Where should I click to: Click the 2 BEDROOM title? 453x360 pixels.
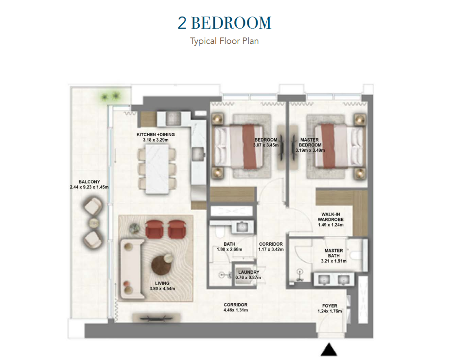[225, 22]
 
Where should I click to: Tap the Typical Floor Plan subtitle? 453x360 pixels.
[224, 41]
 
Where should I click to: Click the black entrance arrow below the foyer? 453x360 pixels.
[329, 349]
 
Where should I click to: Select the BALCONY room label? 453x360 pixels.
[89, 182]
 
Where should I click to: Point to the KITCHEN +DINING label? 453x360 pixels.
[156, 134]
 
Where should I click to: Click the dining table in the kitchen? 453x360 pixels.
[157, 169]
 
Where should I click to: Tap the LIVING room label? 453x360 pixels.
[162, 283]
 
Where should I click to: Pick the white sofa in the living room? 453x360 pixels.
[130, 269]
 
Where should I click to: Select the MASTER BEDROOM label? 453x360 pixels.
[310, 142]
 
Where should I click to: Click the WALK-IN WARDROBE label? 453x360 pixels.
[331, 217]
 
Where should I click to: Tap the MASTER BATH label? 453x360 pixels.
[334, 253]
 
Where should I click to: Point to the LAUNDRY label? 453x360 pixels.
[249, 272]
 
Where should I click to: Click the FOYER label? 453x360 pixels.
[330, 306]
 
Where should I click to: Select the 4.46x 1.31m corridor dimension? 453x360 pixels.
[235, 310]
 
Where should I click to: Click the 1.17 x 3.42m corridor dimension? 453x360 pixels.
[271, 249]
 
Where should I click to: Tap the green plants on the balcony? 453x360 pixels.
[110, 96]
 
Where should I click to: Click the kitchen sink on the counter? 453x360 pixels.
[198, 154]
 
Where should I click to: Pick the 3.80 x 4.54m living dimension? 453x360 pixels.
[162, 288]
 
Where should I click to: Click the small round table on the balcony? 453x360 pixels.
[93, 223]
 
